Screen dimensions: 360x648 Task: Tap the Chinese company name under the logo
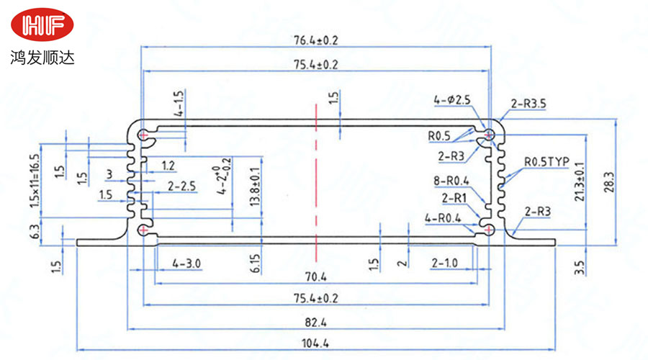click(x=42, y=55)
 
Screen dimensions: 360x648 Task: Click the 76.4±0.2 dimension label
click(x=315, y=40)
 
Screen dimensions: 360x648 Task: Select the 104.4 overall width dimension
click(x=315, y=343)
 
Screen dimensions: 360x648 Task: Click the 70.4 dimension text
click(x=315, y=276)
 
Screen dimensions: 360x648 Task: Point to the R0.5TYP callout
click(x=546, y=162)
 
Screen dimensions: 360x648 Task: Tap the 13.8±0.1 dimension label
click(x=253, y=187)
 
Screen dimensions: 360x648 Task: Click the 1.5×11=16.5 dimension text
click(x=33, y=180)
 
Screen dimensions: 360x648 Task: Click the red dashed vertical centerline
click(x=315, y=166)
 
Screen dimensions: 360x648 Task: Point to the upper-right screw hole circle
click(x=490, y=133)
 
